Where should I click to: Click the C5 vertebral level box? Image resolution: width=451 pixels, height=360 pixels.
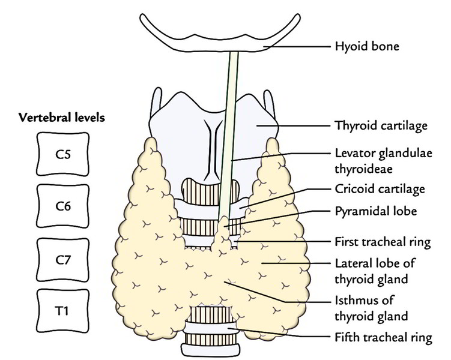pyautogui.click(x=62, y=152)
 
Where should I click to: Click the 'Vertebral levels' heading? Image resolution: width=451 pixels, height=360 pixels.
pyautogui.click(x=62, y=118)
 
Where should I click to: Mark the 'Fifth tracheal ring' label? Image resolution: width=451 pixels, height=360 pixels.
pyautogui.click(x=383, y=338)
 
